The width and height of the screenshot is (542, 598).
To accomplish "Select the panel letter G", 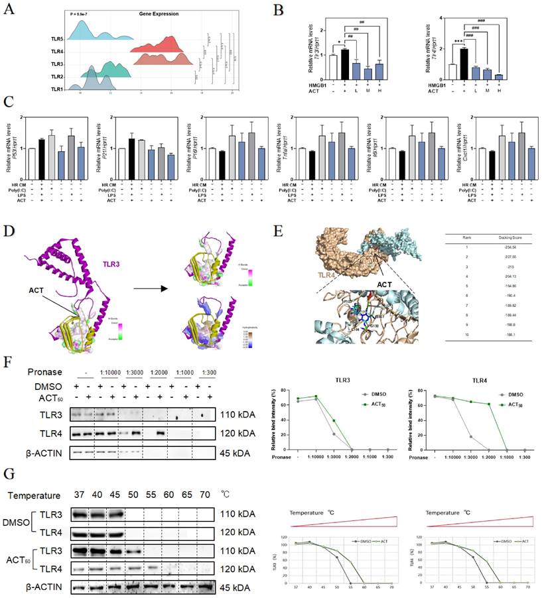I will pos(9,476).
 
